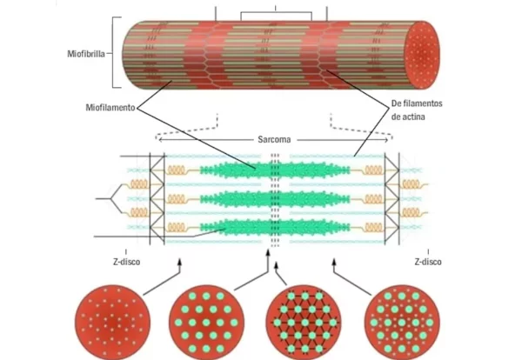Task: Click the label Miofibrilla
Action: click(89, 51)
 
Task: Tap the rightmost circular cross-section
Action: click(397, 319)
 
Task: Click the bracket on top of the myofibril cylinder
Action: click(275, 13)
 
